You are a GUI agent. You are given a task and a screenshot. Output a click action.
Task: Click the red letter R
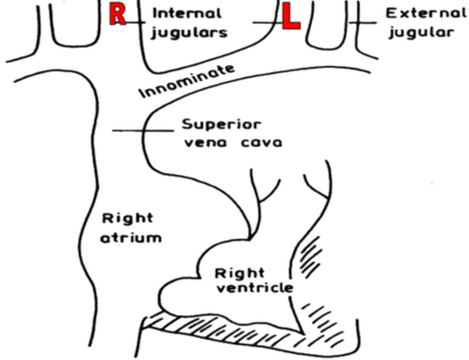click(x=118, y=14)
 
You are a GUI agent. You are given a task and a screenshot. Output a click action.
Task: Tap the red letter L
click(x=291, y=17)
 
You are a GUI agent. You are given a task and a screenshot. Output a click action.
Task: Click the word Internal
click(x=188, y=13)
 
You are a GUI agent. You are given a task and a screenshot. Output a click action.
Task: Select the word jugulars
click(x=189, y=33)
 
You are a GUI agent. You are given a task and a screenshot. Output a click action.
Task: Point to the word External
click(x=426, y=13)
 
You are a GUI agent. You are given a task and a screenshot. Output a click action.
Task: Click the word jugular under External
click(x=421, y=33)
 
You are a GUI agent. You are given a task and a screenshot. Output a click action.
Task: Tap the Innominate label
click(x=188, y=81)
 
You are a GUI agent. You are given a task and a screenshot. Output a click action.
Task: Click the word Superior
click(x=221, y=125)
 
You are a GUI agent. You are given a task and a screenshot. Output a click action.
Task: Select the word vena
click(x=205, y=143)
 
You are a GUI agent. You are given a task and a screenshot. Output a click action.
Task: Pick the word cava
click(x=261, y=143)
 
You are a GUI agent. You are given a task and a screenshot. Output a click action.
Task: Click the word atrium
click(x=131, y=238)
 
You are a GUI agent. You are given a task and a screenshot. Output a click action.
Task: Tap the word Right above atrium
click(x=127, y=218)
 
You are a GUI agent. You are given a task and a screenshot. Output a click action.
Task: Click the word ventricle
click(x=255, y=288)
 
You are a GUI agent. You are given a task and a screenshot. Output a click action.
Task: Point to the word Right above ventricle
click(x=240, y=273)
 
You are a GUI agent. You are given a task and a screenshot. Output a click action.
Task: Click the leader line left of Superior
click(x=143, y=131)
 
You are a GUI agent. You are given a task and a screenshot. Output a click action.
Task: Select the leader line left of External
click(x=363, y=23)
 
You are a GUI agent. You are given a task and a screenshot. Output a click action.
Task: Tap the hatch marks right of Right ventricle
click(x=311, y=257)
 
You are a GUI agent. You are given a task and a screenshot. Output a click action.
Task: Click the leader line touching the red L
click(x=268, y=22)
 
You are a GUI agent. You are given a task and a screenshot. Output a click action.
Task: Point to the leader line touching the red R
click(x=135, y=22)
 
